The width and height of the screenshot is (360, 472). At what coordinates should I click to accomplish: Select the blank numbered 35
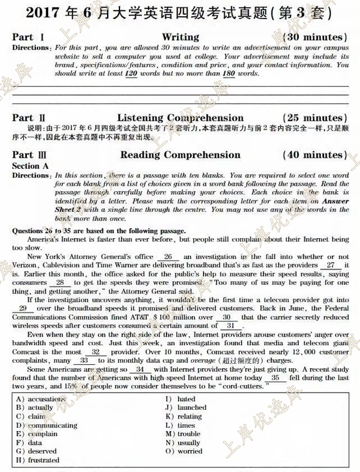point(279,378)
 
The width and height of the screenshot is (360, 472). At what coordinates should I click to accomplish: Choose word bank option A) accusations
point(41,399)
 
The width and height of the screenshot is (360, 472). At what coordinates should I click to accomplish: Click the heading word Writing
point(180,37)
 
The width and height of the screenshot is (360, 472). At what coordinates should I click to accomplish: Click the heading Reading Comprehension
point(180,155)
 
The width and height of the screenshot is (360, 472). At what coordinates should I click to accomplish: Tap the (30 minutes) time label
point(315,37)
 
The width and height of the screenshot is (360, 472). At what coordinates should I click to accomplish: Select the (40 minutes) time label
point(315,155)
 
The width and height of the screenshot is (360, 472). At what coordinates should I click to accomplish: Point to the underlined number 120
point(131,73)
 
